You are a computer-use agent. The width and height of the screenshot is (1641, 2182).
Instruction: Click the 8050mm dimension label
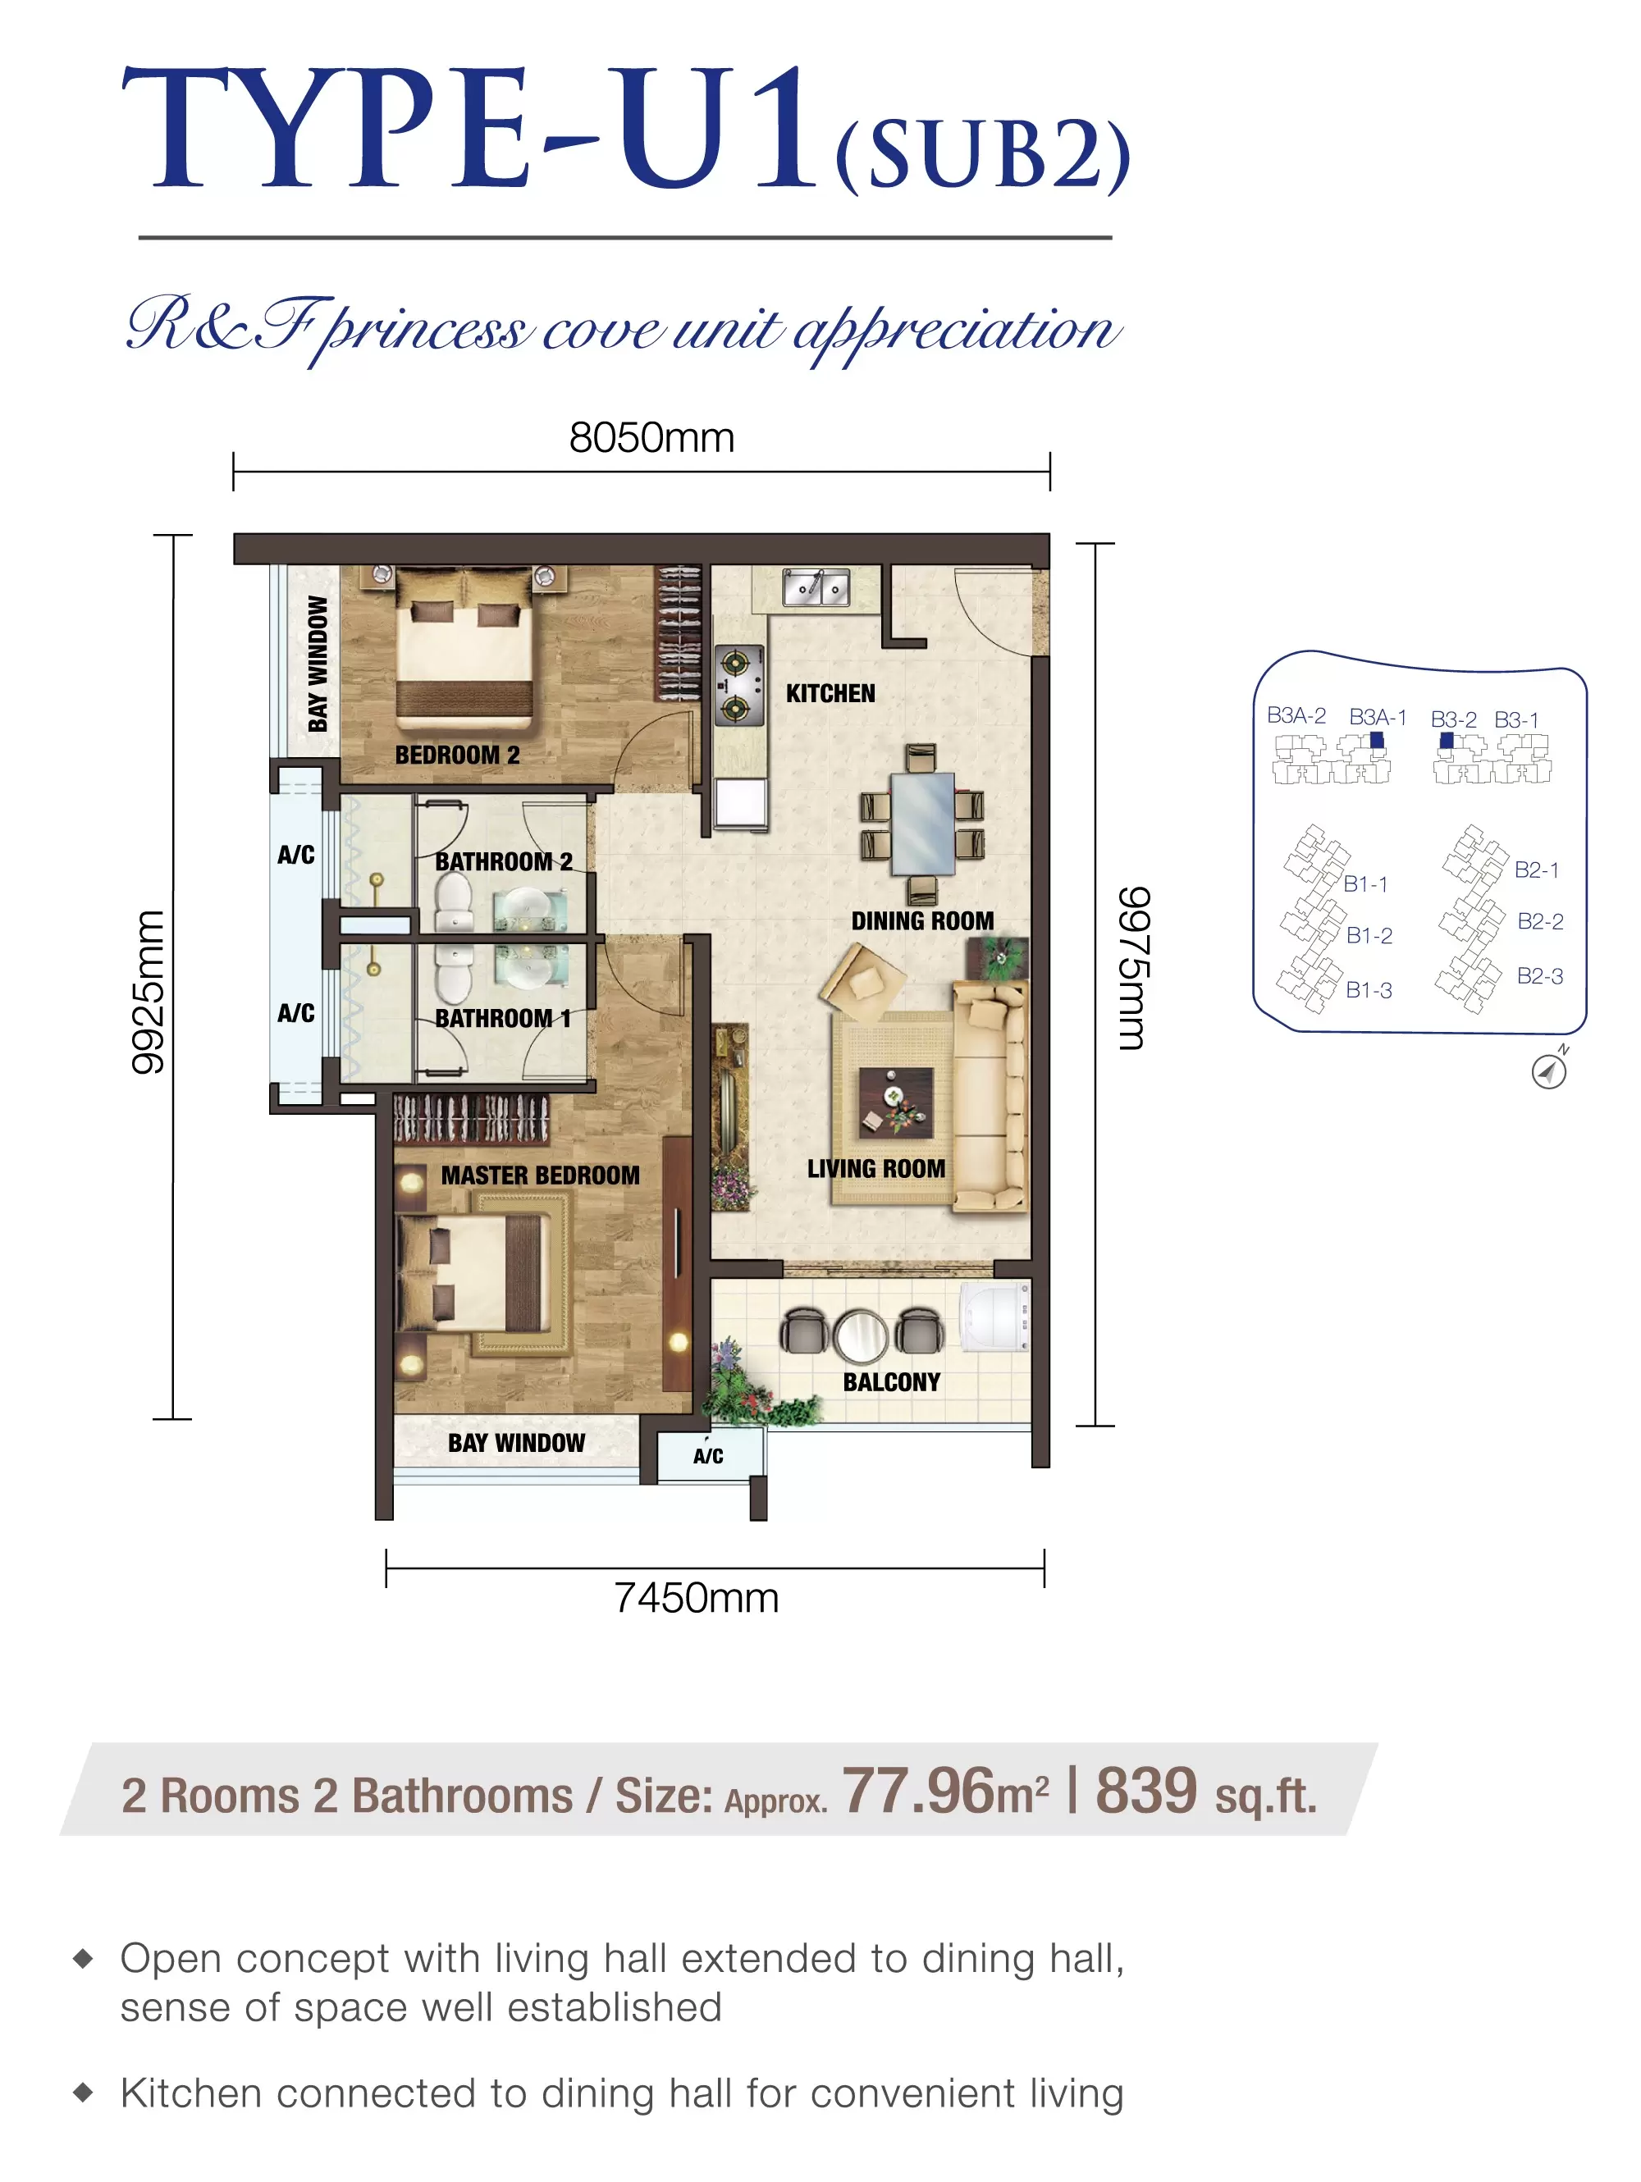pyautogui.click(x=651, y=438)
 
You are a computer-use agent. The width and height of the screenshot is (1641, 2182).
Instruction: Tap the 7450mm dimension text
pyautogui.click(x=697, y=1598)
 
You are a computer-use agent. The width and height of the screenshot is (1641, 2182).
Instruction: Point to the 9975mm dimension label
pyautogui.click(x=1133, y=969)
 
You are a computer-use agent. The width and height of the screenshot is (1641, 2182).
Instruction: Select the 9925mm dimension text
pyautogui.click(x=148, y=993)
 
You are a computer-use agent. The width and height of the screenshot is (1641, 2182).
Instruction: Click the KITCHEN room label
pyautogui.click(x=830, y=693)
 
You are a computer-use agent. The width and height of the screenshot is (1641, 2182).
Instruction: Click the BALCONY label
pyautogui.click(x=891, y=1382)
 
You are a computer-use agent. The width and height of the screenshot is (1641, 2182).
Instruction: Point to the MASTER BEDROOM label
pyautogui.click(x=540, y=1175)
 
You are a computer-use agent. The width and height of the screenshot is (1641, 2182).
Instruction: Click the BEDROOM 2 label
pyautogui.click(x=457, y=755)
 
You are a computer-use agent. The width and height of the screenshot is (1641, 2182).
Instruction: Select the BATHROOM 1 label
pyautogui.click(x=502, y=1018)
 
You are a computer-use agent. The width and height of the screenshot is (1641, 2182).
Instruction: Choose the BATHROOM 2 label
pyautogui.click(x=503, y=861)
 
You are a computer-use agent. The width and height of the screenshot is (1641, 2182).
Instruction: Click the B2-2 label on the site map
pyautogui.click(x=1540, y=921)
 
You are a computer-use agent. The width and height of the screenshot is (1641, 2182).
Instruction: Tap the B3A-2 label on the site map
pyautogui.click(x=1296, y=715)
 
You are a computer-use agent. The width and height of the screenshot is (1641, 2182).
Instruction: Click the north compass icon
pyautogui.click(x=1549, y=1070)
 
